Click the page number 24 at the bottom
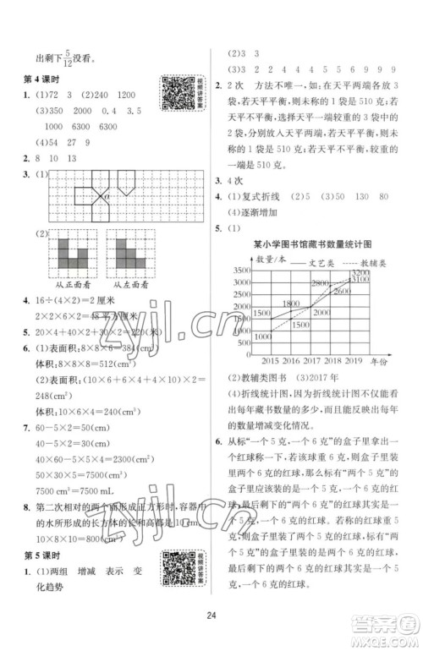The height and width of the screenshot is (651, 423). coord(211,628)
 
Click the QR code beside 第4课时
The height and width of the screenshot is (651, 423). coord(177,96)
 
